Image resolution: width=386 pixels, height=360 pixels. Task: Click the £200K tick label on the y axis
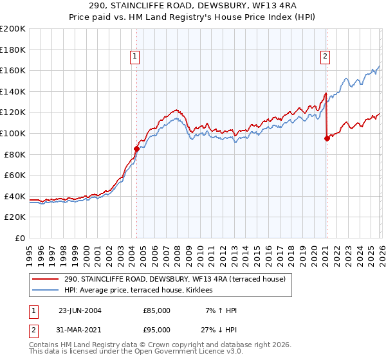tap(13, 29)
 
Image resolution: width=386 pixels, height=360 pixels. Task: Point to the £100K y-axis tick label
tap(13, 133)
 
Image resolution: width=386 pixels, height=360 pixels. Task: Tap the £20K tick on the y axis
tap(15, 217)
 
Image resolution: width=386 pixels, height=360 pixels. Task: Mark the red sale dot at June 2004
tap(136, 148)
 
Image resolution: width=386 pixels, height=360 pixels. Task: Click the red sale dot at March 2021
tap(327, 138)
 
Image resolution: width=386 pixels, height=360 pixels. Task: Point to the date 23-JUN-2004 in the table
tap(80, 310)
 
